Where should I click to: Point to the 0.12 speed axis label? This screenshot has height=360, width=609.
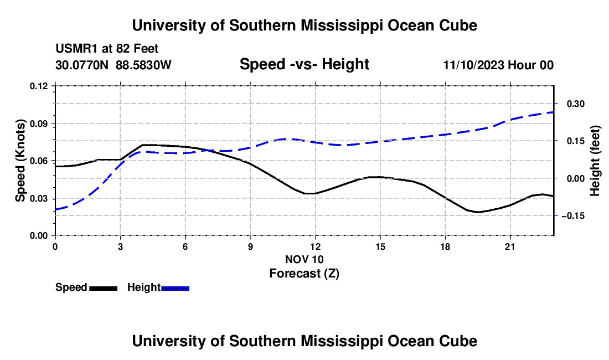coord(39,86)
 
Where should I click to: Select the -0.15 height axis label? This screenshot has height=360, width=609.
coord(573,215)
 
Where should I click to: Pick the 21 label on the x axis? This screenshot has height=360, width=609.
coord(509,246)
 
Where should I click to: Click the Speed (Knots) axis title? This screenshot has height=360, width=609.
coord(20,161)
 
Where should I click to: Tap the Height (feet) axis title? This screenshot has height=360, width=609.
coord(595,161)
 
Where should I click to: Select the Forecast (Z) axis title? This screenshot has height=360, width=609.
coord(304,274)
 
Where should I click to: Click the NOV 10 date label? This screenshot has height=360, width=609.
coord(304,259)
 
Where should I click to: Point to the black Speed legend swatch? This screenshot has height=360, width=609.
coord(104,288)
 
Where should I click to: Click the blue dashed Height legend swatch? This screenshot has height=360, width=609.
coord(175,288)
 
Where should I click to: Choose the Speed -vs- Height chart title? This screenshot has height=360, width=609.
coord(304,64)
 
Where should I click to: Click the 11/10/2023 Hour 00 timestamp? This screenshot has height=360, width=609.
coord(498,65)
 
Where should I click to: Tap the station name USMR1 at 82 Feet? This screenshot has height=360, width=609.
coord(107,49)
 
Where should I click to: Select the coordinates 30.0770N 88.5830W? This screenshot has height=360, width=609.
coord(113,65)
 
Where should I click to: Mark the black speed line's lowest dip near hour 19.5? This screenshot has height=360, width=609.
coord(478,212)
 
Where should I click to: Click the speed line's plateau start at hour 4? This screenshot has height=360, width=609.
coord(142,145)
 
